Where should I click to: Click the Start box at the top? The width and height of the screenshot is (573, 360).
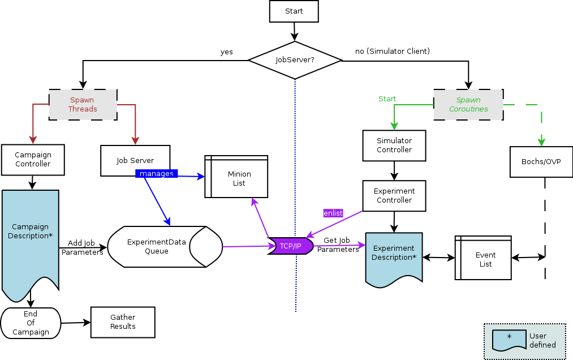pyautogui.click(x=294, y=11)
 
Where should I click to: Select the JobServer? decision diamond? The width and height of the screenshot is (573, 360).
pyautogui.click(x=295, y=59)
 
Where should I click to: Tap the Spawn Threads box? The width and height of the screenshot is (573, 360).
pyautogui.click(x=83, y=105)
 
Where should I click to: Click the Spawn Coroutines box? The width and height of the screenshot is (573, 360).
pyautogui.click(x=468, y=105)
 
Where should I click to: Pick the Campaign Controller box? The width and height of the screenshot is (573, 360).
pyautogui.click(x=33, y=160)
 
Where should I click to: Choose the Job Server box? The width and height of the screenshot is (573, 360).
pyautogui.click(x=135, y=160)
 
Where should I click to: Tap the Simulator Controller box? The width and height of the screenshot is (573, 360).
pyautogui.click(x=394, y=145)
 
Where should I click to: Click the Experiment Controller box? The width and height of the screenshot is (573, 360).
pyautogui.click(x=394, y=196)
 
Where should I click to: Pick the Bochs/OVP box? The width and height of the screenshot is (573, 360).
pyautogui.click(x=541, y=162)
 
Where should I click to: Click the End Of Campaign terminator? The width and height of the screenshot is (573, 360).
pyautogui.click(x=31, y=323)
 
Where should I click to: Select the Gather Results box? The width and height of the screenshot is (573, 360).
pyautogui.click(x=123, y=322)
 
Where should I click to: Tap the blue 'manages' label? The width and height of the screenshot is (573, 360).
pyautogui.click(x=157, y=174)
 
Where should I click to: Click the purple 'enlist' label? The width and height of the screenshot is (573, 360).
pyautogui.click(x=333, y=213)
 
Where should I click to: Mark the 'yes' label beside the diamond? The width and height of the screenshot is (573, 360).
pyautogui.click(x=226, y=52)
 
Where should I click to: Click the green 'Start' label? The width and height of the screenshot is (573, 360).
pyautogui.click(x=387, y=99)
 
